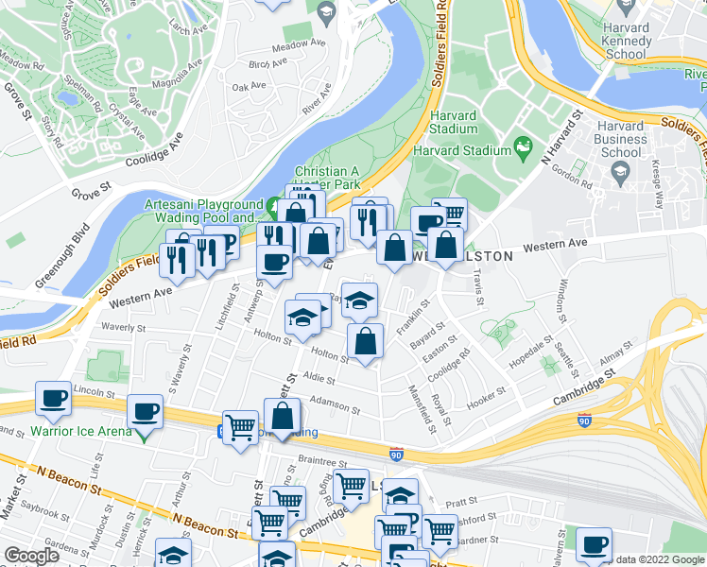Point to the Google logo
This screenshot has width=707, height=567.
tap(31, 557)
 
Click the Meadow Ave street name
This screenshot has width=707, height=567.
tap(298, 44)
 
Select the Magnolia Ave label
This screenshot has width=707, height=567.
tap(181, 77)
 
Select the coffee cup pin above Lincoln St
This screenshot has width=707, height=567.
tap(53, 398)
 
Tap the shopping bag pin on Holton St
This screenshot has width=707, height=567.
tap(365, 343)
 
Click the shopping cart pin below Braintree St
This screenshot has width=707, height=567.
tap(350, 487)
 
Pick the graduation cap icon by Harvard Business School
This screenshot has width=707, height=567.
tap(621, 170)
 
